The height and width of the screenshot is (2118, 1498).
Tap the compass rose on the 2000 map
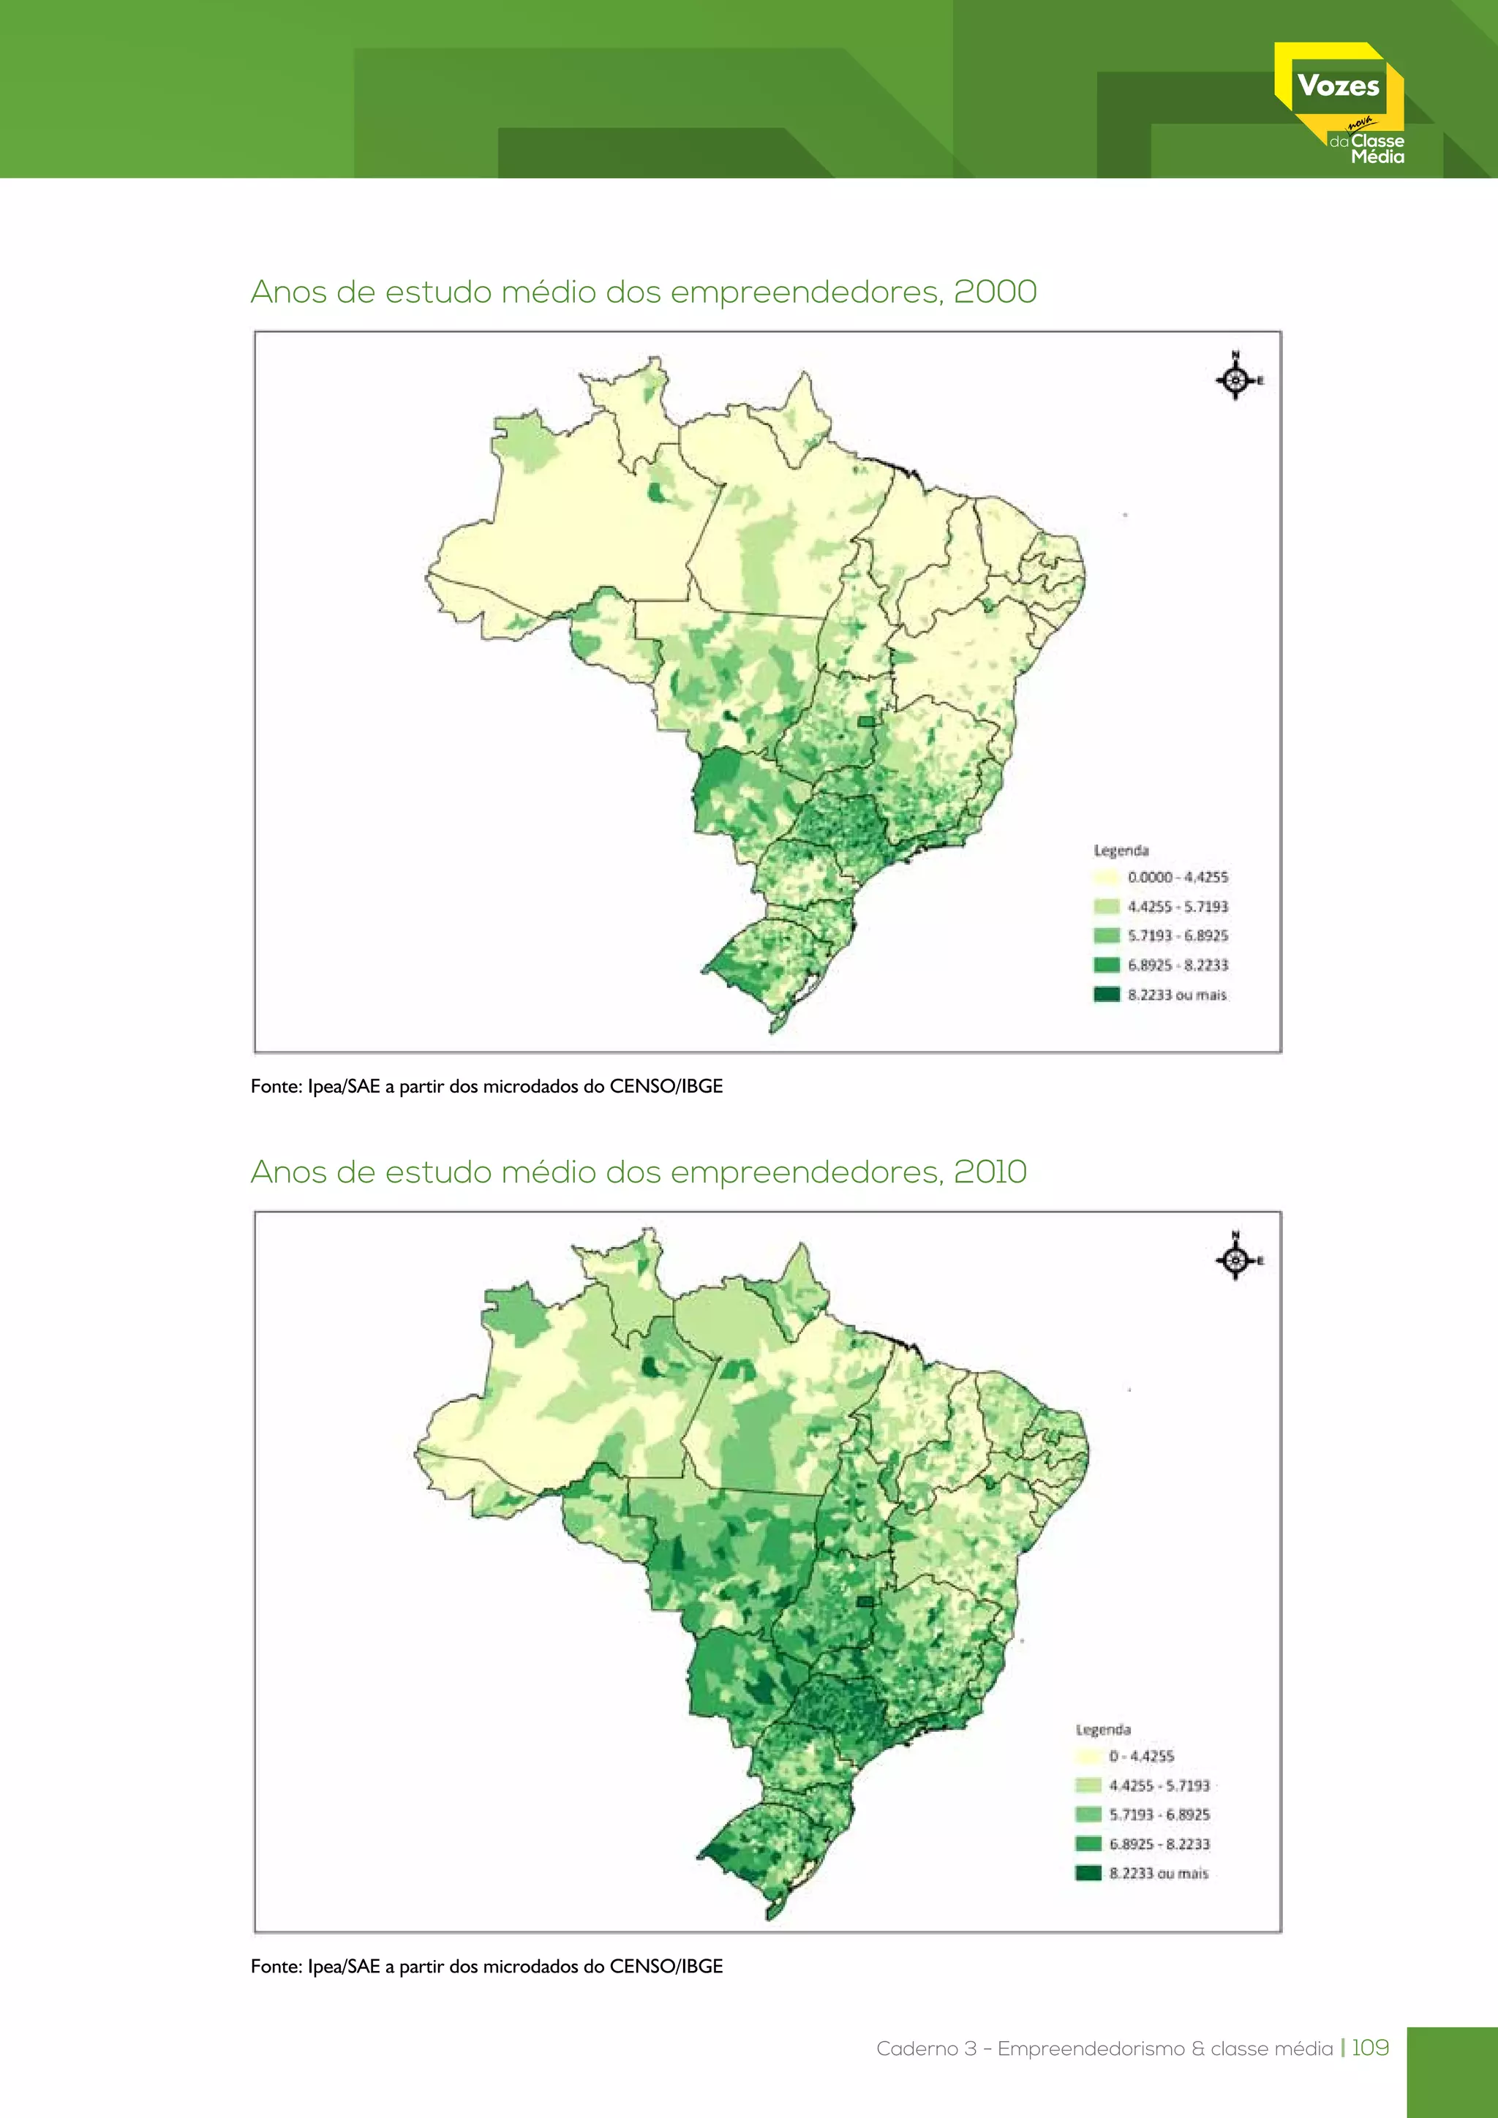[1236, 378]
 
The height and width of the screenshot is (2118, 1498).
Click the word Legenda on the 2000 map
[1121, 850]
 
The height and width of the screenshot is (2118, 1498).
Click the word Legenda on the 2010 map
[1102, 1729]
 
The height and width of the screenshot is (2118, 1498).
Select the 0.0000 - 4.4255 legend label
[1177, 878]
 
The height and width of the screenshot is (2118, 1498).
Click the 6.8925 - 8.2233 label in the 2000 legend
[1177, 965]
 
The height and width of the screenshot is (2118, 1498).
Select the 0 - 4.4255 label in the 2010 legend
[1141, 1757]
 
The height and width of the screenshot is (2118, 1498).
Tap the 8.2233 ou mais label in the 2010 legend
[1158, 1874]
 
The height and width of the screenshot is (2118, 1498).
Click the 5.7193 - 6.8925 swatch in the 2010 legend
[1088, 1814]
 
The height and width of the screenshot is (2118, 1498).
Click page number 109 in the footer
[1370, 2048]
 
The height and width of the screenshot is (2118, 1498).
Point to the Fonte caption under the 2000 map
[486, 1087]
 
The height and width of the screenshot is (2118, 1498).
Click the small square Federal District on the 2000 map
[866, 721]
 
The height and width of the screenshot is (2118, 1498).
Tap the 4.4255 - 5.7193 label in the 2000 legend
[1177, 907]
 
